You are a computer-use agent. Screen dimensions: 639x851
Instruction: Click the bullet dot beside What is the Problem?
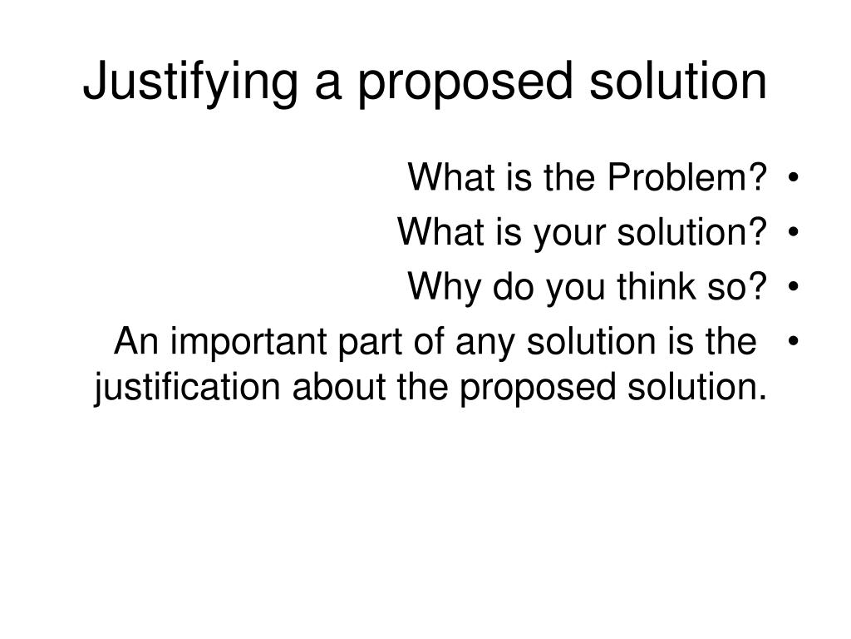[x=795, y=178]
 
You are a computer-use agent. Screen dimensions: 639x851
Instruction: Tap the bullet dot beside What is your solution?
[x=795, y=233]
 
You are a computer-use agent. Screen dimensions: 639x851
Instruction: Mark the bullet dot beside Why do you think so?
[x=795, y=289]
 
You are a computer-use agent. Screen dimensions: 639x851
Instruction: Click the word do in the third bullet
[x=509, y=288]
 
